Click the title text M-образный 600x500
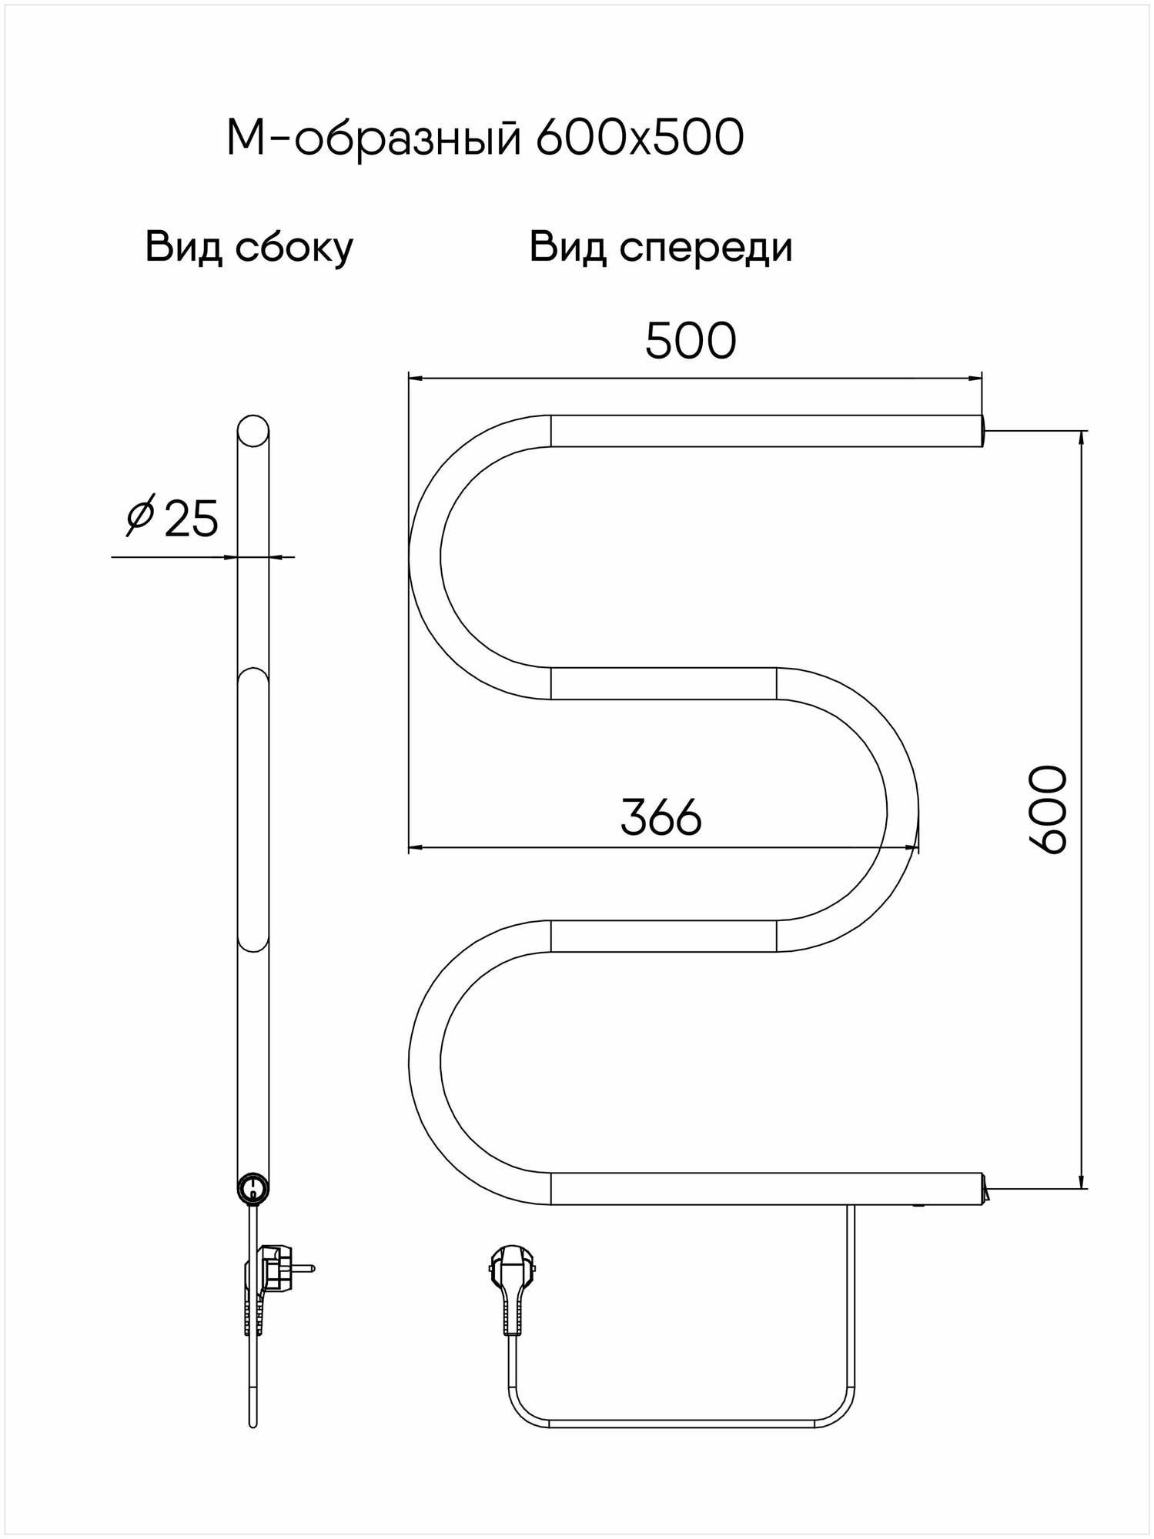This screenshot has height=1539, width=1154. click(485, 139)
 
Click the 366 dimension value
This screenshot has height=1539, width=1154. click(661, 817)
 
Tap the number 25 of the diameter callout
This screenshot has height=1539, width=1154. click(191, 519)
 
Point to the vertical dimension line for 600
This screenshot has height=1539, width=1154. click(1082, 923)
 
